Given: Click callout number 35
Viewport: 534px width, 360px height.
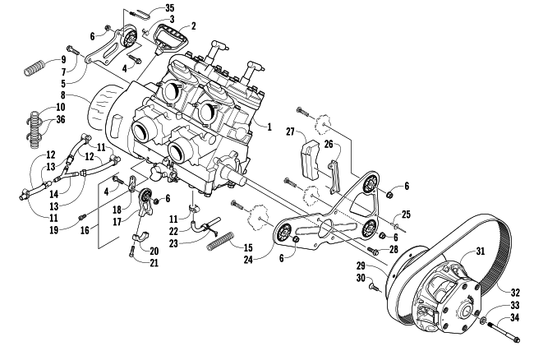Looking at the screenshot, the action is click(169, 7).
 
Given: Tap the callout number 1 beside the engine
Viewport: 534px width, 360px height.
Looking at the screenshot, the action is click(269, 127).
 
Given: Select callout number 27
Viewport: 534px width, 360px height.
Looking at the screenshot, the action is click(291, 132).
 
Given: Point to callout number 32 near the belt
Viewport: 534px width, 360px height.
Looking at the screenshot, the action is click(515, 293).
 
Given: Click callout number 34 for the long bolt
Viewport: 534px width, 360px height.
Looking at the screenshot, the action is click(514, 318).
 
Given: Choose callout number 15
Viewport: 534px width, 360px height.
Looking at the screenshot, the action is click(248, 247).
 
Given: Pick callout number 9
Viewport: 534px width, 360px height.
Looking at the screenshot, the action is click(64, 60).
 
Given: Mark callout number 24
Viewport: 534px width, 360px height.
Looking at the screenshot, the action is click(248, 260).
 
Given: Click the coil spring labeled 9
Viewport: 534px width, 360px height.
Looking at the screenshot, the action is click(35, 67).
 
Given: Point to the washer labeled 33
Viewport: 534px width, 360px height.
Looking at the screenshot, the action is click(483, 321).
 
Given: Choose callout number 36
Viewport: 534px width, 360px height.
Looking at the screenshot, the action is click(61, 119).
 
